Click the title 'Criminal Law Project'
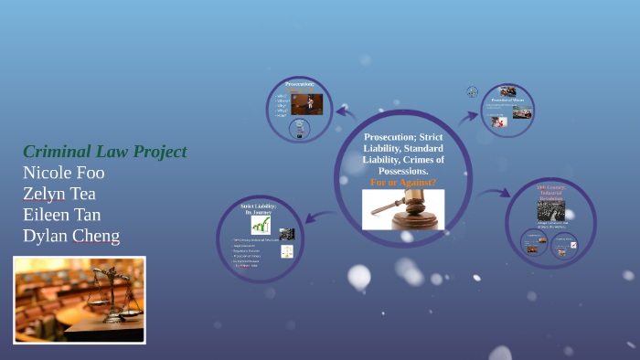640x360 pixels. pos(104,152)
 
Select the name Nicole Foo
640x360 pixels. pos(63,173)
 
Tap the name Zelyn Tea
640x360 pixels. pos(59,194)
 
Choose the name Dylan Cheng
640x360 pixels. pos(70,236)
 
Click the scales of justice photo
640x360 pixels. pos(80,300)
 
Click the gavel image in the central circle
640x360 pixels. pos(403,209)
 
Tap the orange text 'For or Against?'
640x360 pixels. pos(403,182)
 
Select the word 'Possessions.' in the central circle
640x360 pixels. pos(403,172)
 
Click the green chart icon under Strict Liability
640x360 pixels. pos(261,225)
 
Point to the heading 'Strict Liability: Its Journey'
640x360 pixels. pos(260,209)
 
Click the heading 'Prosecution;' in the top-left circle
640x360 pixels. pos(300,84)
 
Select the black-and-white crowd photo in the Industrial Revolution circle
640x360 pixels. pos(550,210)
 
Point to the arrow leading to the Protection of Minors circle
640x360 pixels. pos(467,116)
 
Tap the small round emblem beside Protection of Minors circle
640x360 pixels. pos(472,91)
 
